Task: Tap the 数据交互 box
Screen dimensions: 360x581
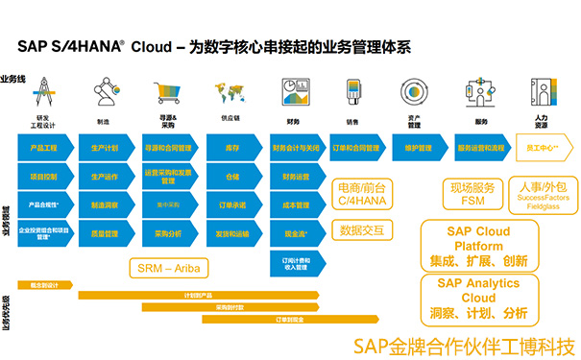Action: coord(361,230)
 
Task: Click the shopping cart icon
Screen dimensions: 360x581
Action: coord(166,94)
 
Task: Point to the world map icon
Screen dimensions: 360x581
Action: coord(230,95)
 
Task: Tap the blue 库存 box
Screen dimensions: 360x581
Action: coord(231,149)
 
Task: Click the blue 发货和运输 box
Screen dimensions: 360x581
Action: coord(231,233)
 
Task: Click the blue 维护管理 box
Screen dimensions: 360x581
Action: coord(421,149)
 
